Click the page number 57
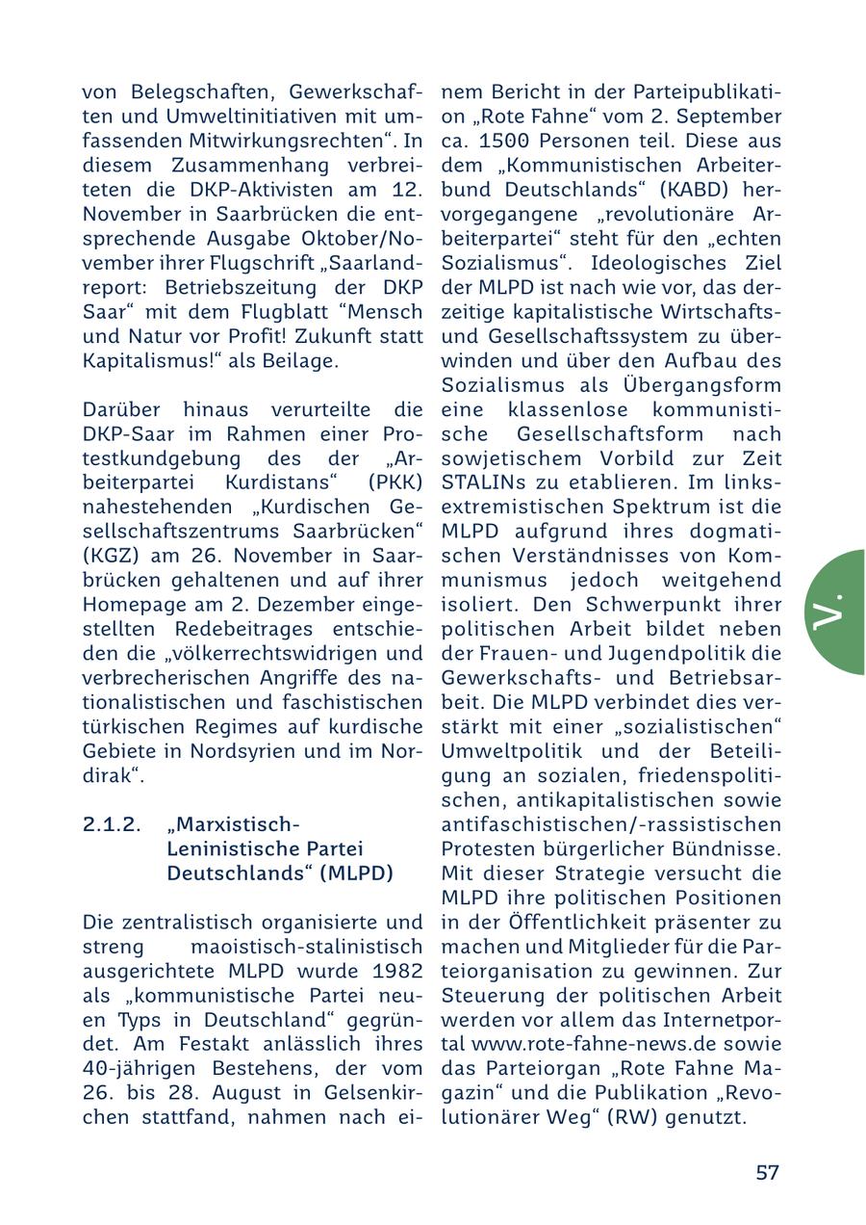click(767, 1173)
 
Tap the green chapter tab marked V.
click(833, 612)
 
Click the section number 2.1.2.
click(112, 825)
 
